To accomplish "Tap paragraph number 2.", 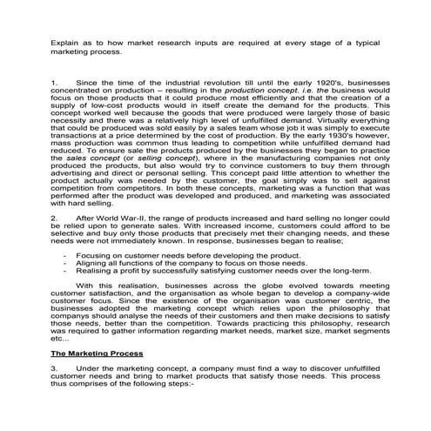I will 53,214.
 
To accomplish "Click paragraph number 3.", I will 53,369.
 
